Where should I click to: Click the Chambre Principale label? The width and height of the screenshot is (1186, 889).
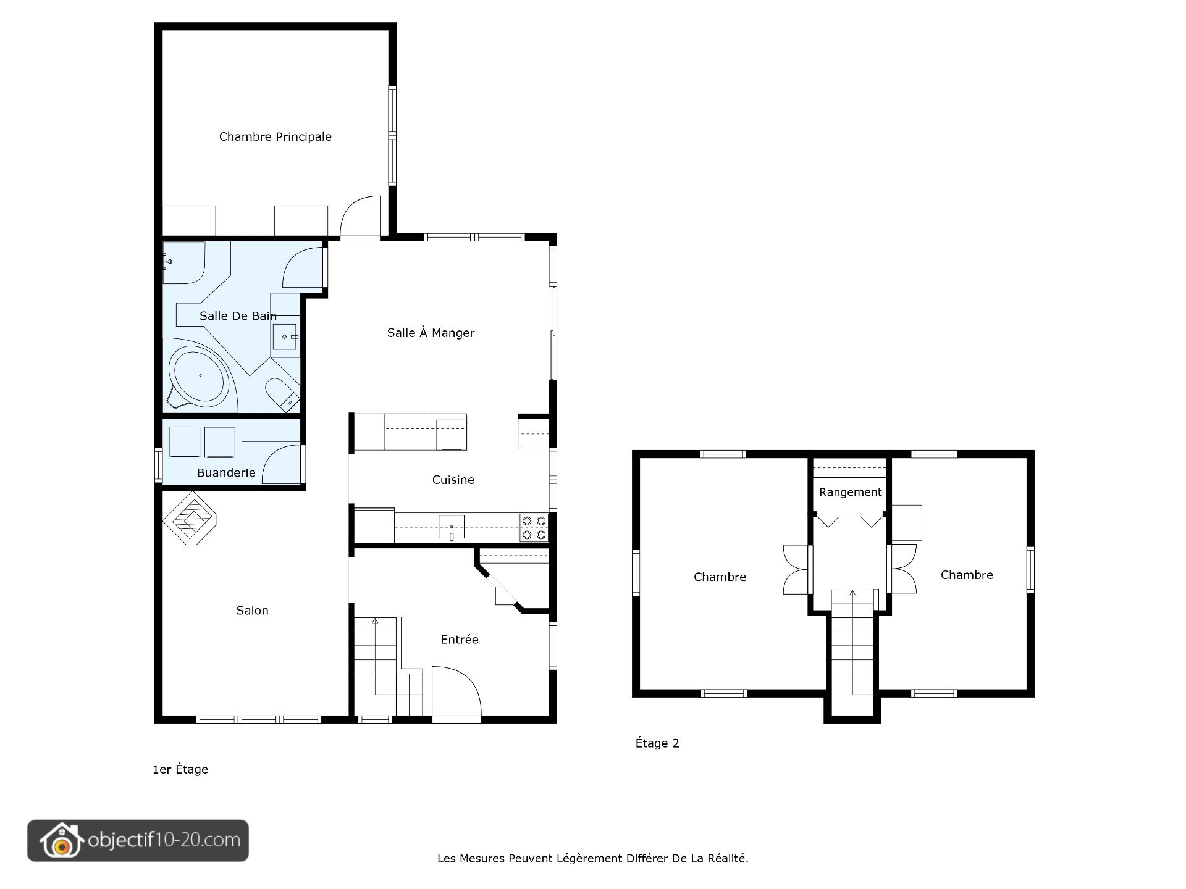[275, 136]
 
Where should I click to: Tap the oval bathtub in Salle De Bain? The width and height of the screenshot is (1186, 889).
[200, 374]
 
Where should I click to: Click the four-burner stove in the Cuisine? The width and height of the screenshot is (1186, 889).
[534, 527]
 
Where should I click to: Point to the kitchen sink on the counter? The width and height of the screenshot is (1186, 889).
[451, 527]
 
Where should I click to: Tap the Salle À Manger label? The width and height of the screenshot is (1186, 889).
[431, 333]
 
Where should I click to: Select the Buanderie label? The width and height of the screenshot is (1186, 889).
[226, 472]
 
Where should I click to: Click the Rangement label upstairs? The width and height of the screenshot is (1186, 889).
[850, 492]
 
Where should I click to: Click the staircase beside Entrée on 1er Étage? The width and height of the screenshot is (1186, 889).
[386, 667]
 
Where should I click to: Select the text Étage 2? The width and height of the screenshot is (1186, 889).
[657, 743]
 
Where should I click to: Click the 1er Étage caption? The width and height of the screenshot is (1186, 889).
[180, 769]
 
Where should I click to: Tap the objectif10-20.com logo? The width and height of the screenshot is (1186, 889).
[138, 840]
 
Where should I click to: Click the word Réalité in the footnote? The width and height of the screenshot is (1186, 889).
[726, 858]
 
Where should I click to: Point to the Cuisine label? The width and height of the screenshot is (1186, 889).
[453, 480]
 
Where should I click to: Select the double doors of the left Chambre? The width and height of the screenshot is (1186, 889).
[796, 569]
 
